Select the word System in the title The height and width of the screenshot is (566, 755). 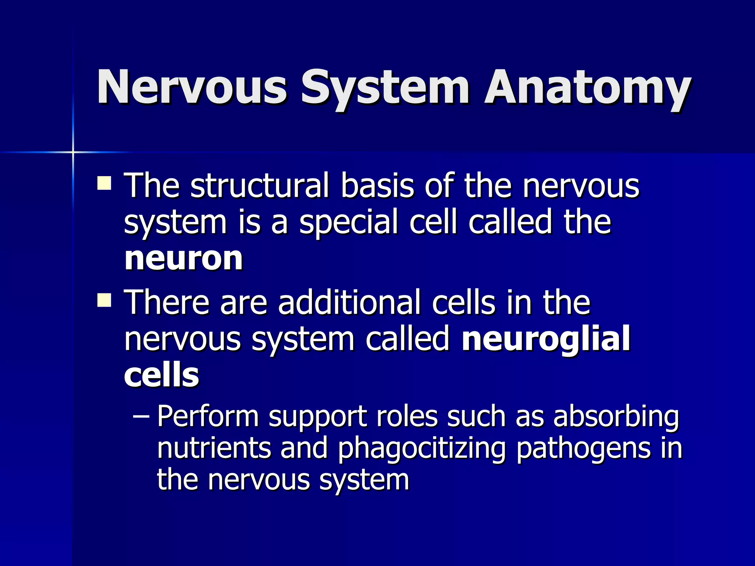[x=385, y=88]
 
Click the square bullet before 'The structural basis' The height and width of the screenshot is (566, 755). [x=104, y=183]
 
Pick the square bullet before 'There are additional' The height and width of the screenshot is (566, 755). [x=104, y=300]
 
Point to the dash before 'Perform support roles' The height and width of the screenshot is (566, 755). [x=140, y=417]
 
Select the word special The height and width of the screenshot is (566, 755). [x=349, y=223]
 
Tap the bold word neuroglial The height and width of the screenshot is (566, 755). [x=546, y=339]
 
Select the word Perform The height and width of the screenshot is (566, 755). [x=208, y=417]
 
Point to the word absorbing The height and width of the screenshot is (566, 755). [x=616, y=417]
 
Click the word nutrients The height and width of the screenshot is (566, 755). [x=214, y=448]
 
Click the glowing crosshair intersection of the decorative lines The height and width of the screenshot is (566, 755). [x=73, y=152]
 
